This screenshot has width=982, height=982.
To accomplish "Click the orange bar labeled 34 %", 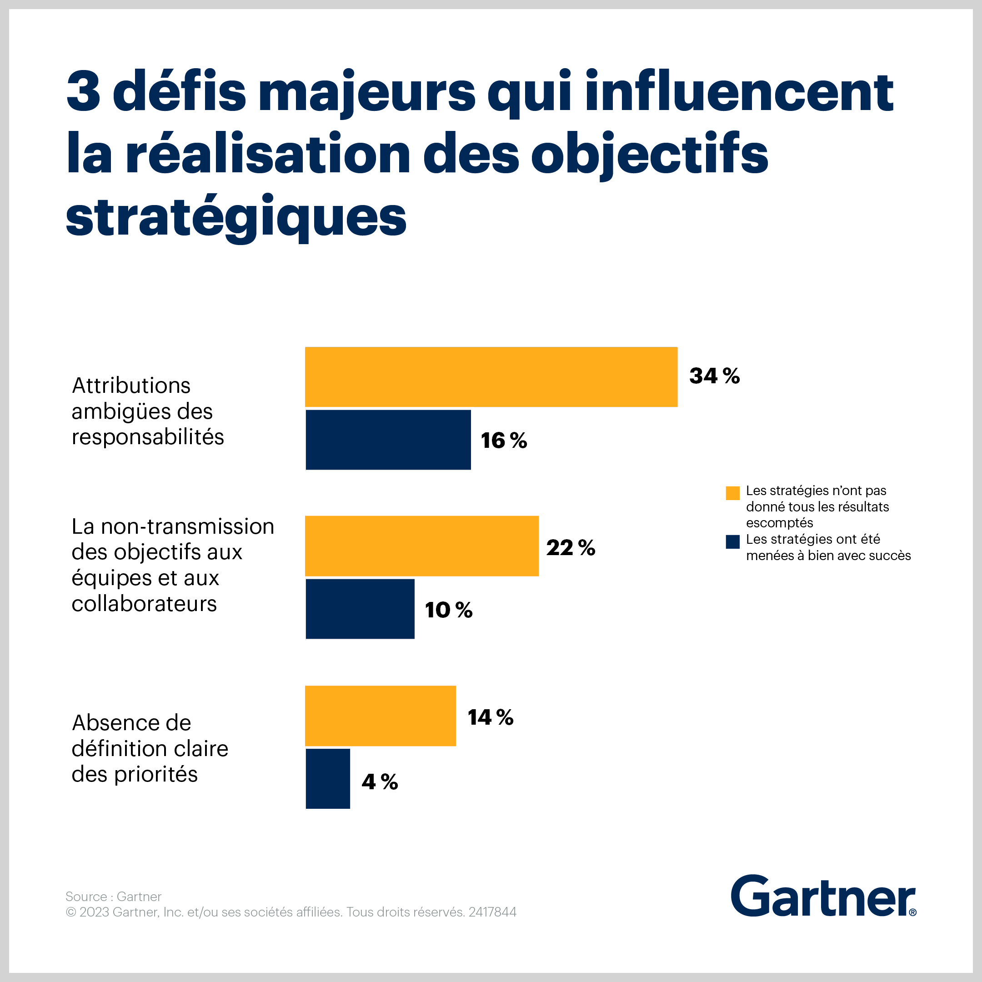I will [491, 376].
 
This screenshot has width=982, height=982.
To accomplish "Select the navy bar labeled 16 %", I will [388, 440].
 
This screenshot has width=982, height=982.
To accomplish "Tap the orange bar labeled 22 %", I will [421, 546].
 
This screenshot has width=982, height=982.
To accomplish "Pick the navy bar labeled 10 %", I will [360, 608].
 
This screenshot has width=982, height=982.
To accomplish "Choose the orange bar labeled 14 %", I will [380, 716].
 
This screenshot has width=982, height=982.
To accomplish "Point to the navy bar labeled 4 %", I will [328, 778].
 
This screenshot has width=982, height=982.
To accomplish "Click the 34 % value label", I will [714, 376].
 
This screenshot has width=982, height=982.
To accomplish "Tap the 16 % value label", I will [504, 440].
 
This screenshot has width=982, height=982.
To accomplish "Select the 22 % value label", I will [570, 547].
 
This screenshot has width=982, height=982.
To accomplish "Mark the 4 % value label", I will [380, 782].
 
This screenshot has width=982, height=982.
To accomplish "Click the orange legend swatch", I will [732, 493].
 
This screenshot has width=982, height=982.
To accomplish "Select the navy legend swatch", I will [732, 542].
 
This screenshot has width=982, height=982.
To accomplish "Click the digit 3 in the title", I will [84, 92].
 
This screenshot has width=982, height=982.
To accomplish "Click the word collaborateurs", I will [145, 604].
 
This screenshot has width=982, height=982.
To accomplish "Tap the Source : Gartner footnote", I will [113, 896].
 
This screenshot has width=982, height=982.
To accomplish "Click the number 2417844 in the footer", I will [492, 912].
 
